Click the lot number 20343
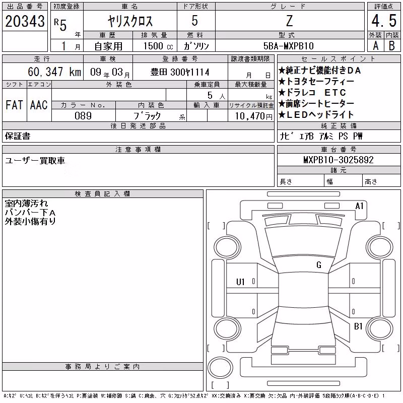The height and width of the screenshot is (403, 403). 25,21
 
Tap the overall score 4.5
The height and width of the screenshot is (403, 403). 384,21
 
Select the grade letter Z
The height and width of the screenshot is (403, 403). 289,21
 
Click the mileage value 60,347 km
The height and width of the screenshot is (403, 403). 54,72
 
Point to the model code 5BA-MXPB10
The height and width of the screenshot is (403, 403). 289,46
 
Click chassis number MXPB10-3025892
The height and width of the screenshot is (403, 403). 339,160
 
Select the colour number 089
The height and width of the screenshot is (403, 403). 83,116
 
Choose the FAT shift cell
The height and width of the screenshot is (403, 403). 14,105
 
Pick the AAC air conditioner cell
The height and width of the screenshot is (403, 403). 39,105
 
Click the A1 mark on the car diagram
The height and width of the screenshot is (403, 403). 359,206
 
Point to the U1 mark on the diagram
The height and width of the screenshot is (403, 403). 240,282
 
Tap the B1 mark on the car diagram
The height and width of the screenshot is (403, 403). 358,326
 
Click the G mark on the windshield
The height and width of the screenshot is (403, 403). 319,265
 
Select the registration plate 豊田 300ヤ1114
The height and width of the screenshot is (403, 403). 180,72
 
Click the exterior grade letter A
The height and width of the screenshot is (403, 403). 376,46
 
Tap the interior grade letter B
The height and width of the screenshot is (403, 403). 392,46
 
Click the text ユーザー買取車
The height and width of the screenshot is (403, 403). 35,161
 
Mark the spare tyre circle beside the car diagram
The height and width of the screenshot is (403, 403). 220,367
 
